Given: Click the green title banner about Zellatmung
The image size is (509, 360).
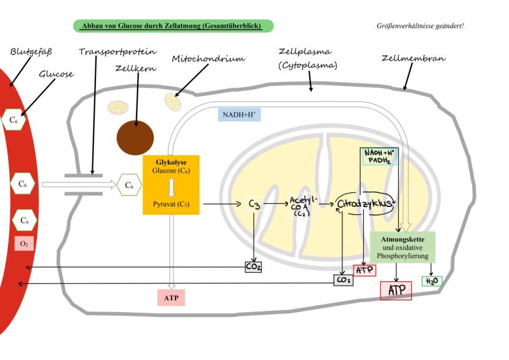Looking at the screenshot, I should (x=173, y=26).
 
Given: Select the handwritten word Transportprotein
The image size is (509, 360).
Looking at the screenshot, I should (x=117, y=52).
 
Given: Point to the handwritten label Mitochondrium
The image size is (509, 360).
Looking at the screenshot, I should (x=208, y=59).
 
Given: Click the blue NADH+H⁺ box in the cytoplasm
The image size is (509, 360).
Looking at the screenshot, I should (x=240, y=114).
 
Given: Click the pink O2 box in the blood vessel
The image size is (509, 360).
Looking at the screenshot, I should (x=24, y=244).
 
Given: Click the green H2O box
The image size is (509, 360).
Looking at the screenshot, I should (x=432, y=281).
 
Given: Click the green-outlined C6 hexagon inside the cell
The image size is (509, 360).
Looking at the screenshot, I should (x=129, y=184).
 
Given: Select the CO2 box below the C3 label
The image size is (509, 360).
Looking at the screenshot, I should (x=254, y=267).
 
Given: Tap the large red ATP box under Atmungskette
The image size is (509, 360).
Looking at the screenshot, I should (x=396, y=291).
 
